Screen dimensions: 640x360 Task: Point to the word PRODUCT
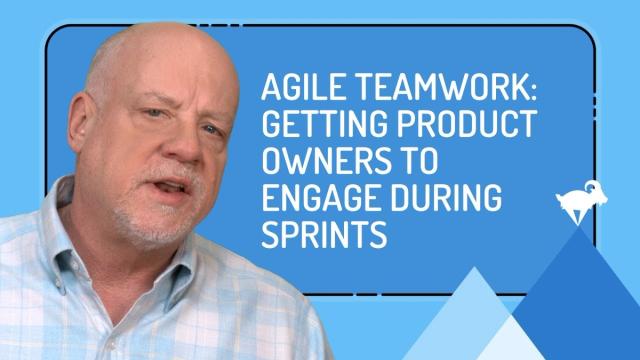(468, 124)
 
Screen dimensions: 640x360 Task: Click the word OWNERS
(327, 160)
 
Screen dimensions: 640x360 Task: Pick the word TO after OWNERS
(421, 160)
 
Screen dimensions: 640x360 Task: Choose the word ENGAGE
(320, 198)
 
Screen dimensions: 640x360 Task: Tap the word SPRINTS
(324, 234)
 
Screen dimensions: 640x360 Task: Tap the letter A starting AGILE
(271, 87)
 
